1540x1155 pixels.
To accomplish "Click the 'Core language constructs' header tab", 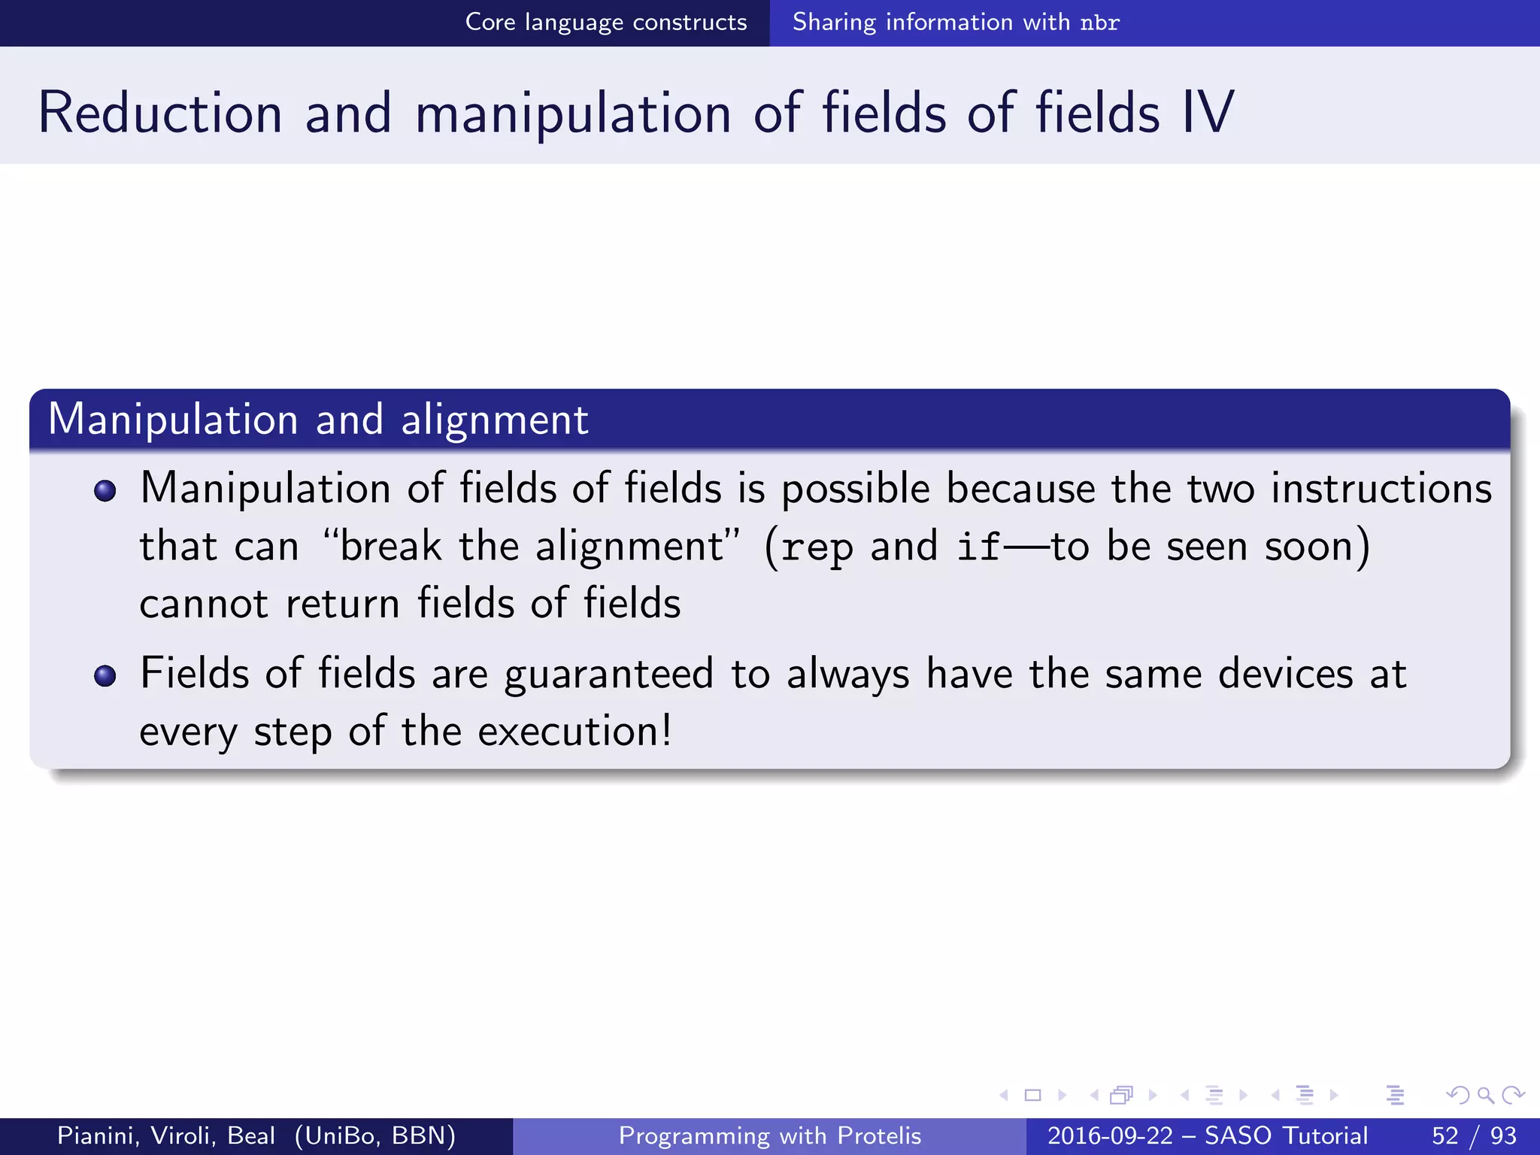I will pos(606,23).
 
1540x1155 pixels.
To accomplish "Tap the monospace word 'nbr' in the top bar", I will pos(1099,23).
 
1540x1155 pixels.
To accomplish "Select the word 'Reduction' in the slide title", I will pos(160,113).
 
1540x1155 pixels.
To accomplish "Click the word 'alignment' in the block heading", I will pos(494,420).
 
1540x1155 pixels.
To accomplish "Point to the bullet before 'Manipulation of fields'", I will pos(105,491).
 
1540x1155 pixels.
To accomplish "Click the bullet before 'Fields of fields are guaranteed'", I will pos(105,675).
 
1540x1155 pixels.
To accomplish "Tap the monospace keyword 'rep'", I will pos(817,547).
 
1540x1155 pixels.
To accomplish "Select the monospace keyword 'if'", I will pos(978,546).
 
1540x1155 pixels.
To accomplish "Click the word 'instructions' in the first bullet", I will pos(1381,489).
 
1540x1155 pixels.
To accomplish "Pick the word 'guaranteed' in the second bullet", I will pos(608,675).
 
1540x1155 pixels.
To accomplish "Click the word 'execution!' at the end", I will pos(574,731).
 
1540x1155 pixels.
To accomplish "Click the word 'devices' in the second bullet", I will pos(1285,673).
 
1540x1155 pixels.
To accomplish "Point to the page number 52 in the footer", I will pos(1445,1135).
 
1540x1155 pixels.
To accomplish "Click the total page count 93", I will pos(1503,1135).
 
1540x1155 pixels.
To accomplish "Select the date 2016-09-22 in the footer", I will pos(1110,1135).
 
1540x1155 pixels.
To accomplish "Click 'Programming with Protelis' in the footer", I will pos(769,1135).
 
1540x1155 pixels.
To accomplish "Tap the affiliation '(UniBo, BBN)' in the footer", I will pos(375,1135).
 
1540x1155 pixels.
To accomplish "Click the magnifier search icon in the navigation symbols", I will pos(1485,1095).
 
